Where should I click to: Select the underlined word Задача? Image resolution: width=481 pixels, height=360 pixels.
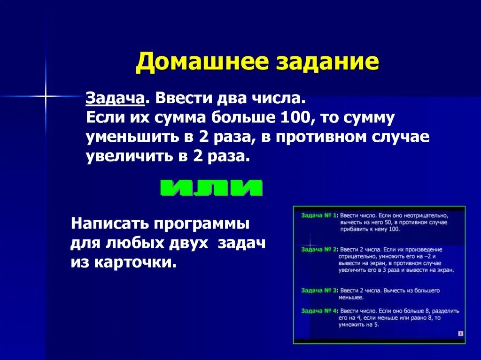click(115, 99)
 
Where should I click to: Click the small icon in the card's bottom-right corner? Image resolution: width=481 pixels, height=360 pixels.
click(460, 333)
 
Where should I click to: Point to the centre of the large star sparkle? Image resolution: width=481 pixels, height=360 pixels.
click(46, 97)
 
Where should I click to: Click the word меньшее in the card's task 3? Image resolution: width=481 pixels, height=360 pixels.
click(351, 297)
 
